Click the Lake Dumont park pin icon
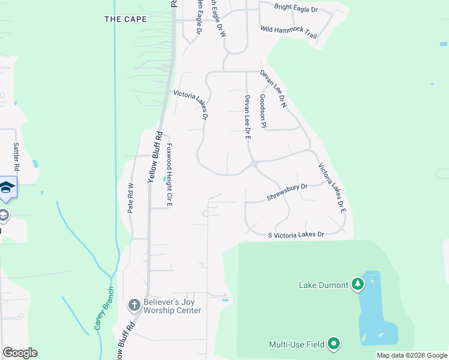click(x=358, y=284)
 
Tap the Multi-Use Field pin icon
click(x=334, y=344)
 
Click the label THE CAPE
click(x=125, y=19)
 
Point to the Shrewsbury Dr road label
click(x=287, y=192)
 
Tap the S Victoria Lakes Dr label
click(x=296, y=235)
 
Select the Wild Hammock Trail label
click(x=288, y=32)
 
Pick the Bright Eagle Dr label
click(x=295, y=8)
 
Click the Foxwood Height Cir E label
click(x=169, y=175)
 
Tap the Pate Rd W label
click(x=131, y=198)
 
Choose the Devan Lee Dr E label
click(x=247, y=117)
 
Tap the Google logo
click(x=20, y=353)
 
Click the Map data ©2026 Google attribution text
click(x=412, y=355)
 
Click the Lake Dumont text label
click(x=324, y=285)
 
